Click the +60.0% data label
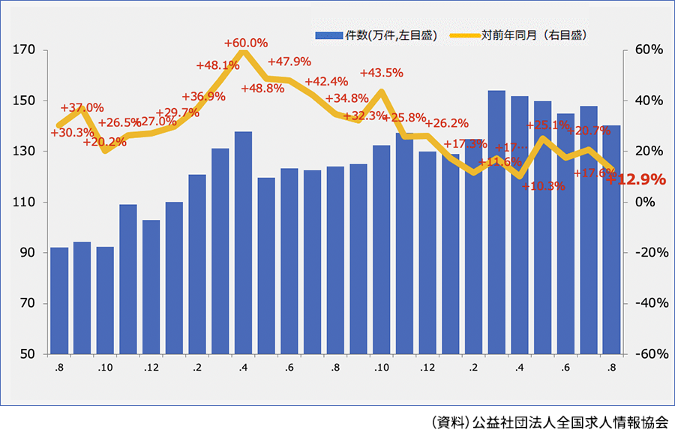(246, 43)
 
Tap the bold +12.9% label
(636, 179)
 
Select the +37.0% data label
(82, 107)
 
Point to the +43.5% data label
(382, 73)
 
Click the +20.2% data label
(104, 141)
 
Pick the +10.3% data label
(544, 186)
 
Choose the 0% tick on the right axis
(642, 202)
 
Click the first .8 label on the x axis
(58, 368)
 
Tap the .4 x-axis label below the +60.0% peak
(243, 368)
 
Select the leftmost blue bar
(59, 300)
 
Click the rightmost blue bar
(611, 240)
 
